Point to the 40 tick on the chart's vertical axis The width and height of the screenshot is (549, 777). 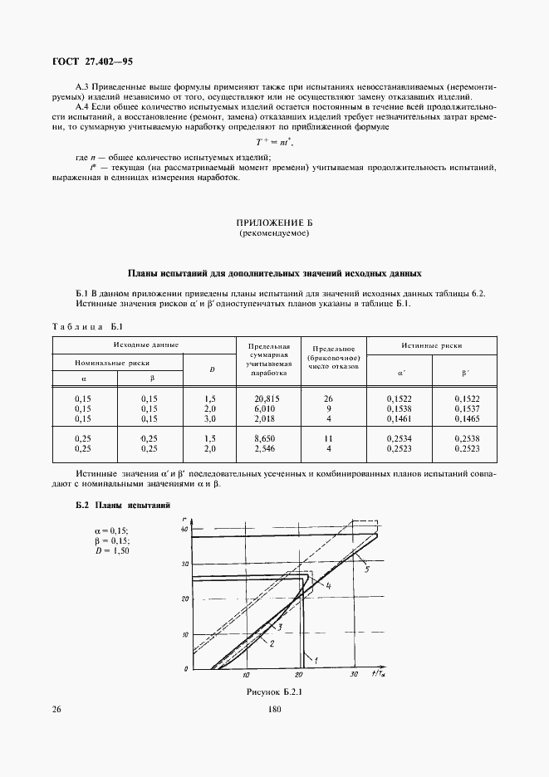click(x=185, y=529)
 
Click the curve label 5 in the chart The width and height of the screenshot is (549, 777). click(x=365, y=569)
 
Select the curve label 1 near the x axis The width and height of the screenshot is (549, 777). click(x=314, y=658)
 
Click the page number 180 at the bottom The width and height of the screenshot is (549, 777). click(x=275, y=710)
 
